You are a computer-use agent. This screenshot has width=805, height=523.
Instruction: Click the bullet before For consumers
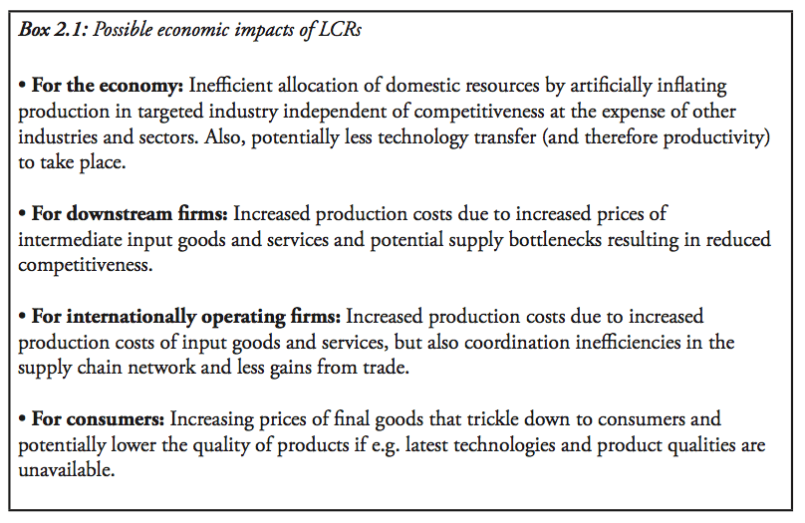[x=23, y=419]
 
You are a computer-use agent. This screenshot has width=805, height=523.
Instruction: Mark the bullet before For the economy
[x=23, y=87]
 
